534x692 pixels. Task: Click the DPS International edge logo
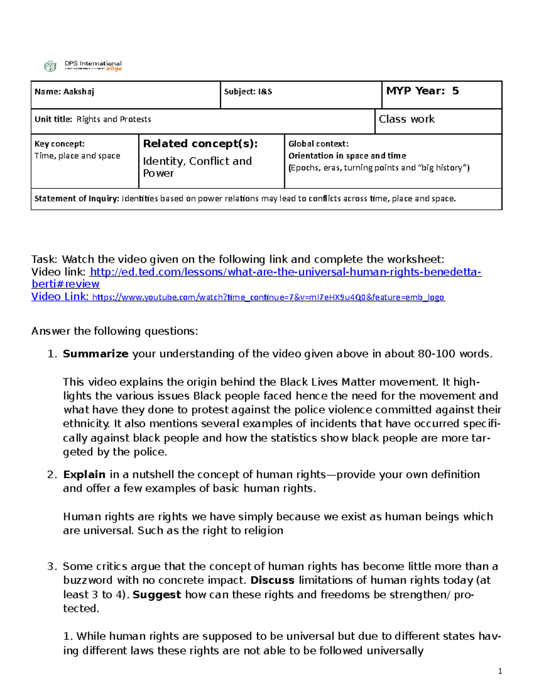83,66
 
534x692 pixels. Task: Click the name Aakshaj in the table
78,92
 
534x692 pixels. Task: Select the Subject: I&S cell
248,92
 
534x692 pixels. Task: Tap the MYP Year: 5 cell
422,91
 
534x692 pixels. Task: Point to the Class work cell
406,119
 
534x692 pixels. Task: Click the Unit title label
53,119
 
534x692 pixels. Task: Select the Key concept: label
59,144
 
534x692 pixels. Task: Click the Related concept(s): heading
200,144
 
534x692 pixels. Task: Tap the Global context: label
318,144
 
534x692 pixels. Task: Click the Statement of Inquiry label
77,199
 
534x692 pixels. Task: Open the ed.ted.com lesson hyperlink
285,272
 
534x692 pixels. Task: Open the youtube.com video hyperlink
268,297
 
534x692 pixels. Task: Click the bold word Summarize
95,354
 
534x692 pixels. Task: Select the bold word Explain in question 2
84,475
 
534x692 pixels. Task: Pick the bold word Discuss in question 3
272,580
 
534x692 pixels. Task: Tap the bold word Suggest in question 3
157,594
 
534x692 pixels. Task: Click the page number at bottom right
500,671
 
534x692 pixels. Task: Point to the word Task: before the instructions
44,259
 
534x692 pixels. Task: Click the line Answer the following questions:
114,331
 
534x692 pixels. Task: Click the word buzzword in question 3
88,580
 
